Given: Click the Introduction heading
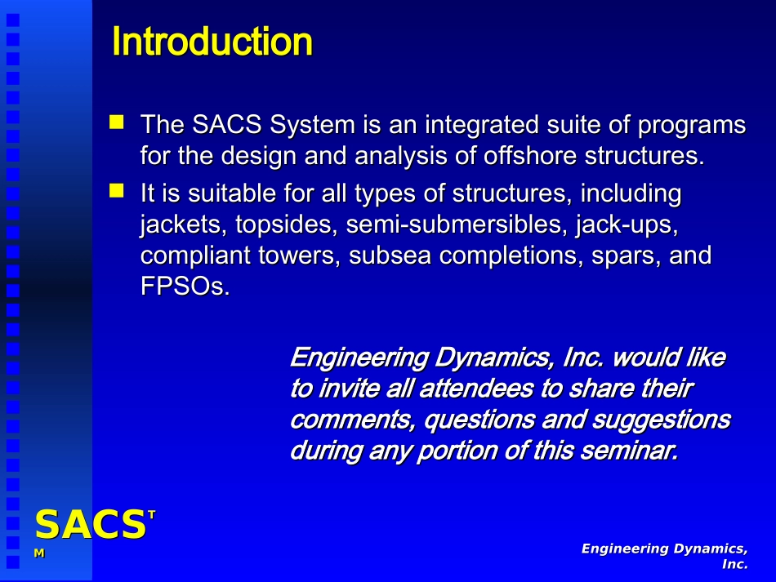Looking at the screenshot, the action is coord(212,42).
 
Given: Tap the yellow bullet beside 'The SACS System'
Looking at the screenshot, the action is coord(117,122).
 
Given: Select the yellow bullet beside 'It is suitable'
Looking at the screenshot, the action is coord(117,190).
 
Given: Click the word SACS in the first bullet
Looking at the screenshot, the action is coord(226,124).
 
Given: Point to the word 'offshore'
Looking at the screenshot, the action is coord(530,155).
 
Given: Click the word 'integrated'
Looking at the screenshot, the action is coord(482,125).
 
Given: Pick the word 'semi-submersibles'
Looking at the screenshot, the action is coord(456,224).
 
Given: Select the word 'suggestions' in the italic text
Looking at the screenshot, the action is coord(661,420).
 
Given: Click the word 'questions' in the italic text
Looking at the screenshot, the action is coord(479,420).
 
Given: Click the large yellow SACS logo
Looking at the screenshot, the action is coord(91,524).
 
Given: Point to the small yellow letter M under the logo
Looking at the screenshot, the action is coord(39,553).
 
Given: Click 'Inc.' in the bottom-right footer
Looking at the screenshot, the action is coord(735,564).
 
